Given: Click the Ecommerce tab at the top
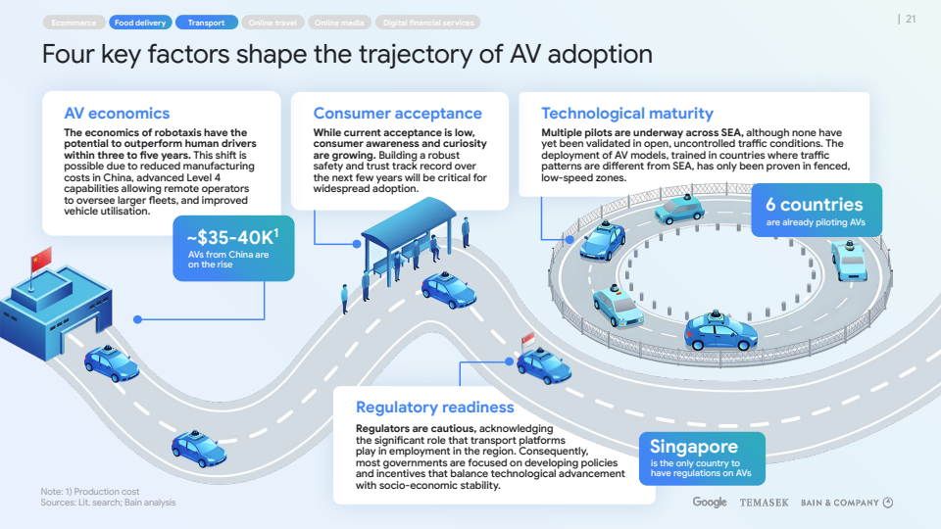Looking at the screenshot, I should (74, 23).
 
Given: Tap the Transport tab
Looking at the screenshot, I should (206, 23).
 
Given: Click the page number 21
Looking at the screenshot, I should (911, 19).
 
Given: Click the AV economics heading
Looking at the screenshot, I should (117, 114).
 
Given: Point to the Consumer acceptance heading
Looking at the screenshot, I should (397, 114).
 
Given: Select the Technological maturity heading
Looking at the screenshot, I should (627, 114).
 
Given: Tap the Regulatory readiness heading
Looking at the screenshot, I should (434, 408).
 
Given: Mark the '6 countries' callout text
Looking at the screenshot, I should (815, 205).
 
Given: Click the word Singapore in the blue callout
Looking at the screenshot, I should (693, 447).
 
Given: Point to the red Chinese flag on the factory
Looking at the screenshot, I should (40, 260).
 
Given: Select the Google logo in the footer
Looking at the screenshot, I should (710, 503).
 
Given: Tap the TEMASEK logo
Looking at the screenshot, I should (764, 503).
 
